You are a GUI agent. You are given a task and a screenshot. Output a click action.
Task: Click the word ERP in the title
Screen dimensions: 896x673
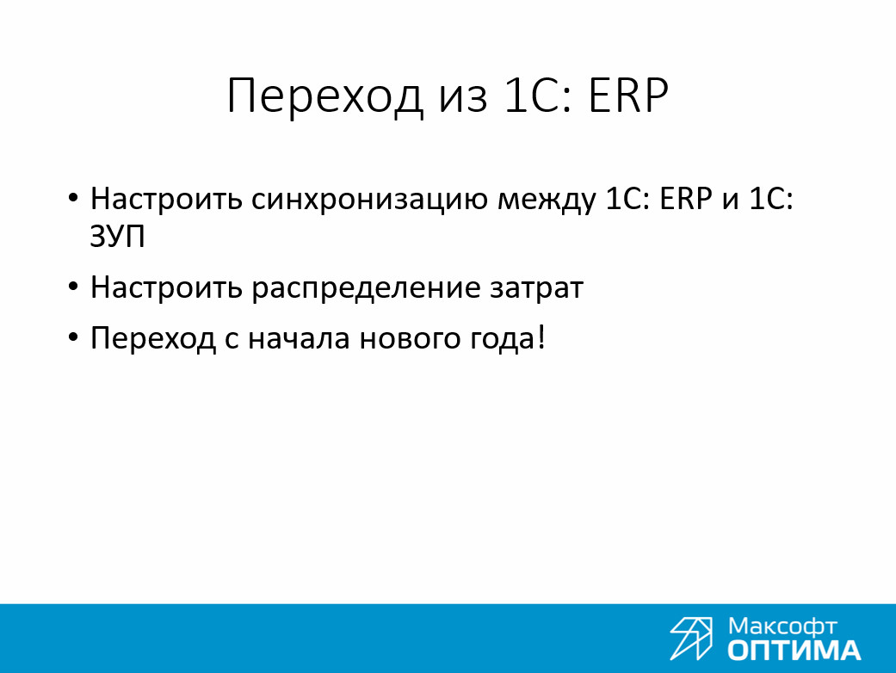pyautogui.click(x=627, y=96)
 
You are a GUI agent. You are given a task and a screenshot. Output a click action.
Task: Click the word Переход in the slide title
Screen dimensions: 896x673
pyautogui.click(x=324, y=96)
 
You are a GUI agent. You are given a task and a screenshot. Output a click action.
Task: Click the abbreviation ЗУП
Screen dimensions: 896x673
pyautogui.click(x=118, y=236)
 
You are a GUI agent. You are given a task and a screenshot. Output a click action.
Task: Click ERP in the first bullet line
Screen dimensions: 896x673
pyautogui.click(x=686, y=199)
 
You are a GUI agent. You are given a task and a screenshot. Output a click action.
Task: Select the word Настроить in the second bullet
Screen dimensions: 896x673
pyautogui.click(x=166, y=287)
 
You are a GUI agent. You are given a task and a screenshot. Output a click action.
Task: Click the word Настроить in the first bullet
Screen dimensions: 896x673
pyautogui.click(x=166, y=200)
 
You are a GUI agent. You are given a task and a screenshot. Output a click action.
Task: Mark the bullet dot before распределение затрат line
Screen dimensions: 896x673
pyautogui.click(x=72, y=286)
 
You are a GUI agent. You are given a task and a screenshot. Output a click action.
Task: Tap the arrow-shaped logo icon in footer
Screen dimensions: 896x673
pyautogui.click(x=691, y=639)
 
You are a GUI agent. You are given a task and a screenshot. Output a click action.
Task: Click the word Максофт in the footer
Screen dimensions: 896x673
pyautogui.click(x=782, y=627)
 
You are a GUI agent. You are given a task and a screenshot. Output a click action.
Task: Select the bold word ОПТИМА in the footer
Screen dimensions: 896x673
pyautogui.click(x=794, y=651)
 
